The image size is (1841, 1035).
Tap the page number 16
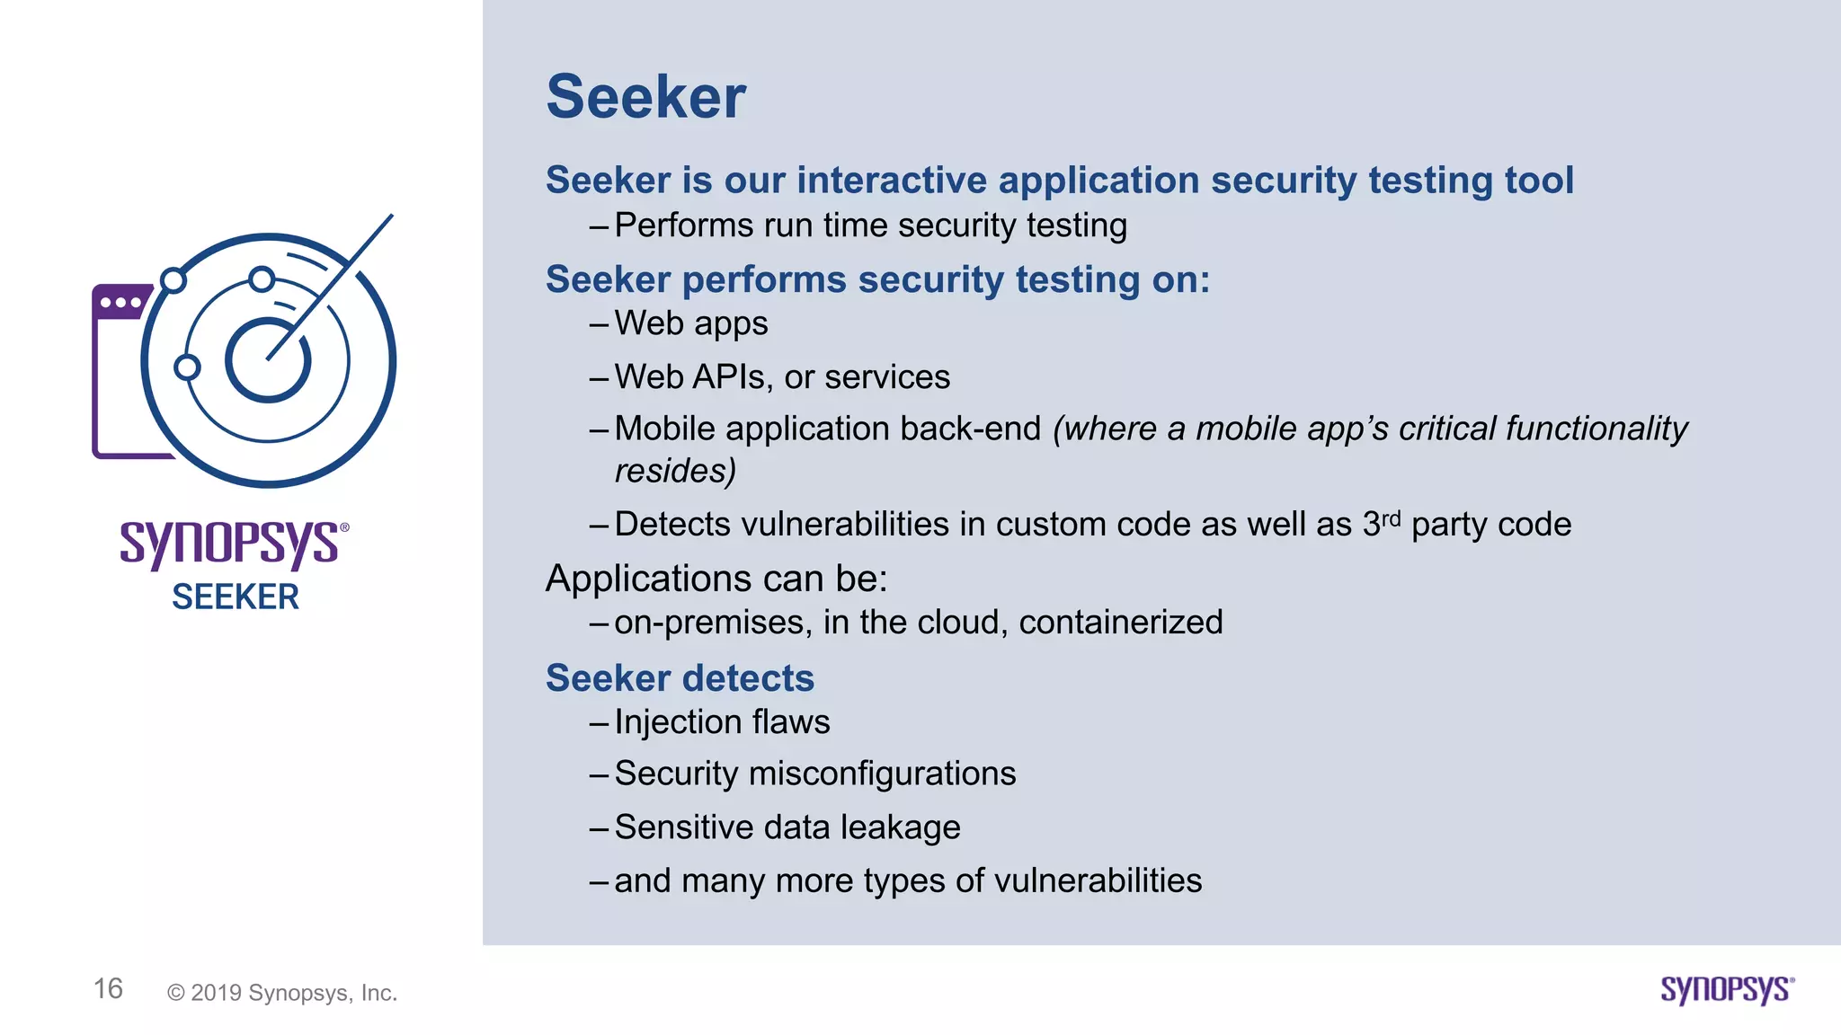click(x=108, y=989)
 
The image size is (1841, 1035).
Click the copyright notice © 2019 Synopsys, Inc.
click(x=282, y=993)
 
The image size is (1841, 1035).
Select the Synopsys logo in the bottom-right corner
click(x=1727, y=990)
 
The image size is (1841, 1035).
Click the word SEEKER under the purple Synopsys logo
click(x=236, y=597)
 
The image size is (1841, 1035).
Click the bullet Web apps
click(x=690, y=323)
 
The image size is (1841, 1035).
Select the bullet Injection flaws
click(x=722, y=722)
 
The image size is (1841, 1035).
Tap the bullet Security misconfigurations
click(x=814, y=774)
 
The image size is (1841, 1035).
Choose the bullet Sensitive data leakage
click(x=787, y=827)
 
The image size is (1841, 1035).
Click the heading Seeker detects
click(x=680, y=678)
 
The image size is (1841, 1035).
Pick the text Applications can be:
click(x=716, y=579)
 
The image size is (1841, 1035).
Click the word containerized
click(x=1120, y=623)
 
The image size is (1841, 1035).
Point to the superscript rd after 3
click(x=1391, y=518)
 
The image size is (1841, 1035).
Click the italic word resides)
click(x=675, y=471)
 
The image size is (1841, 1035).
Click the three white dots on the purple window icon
click(x=120, y=303)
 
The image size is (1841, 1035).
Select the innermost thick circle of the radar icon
click(x=267, y=361)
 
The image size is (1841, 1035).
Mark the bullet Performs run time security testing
click(x=870, y=226)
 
